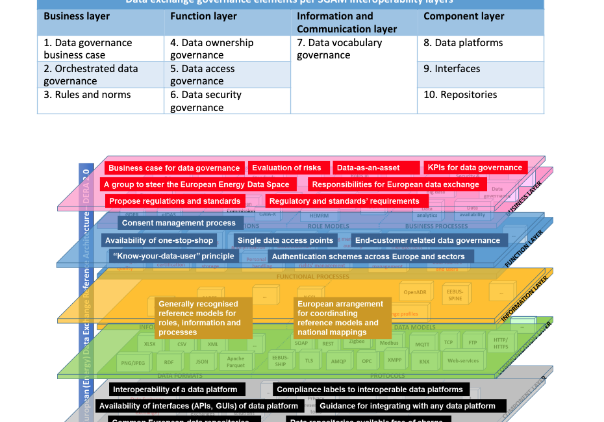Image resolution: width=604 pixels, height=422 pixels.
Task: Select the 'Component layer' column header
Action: pyautogui.click(x=464, y=16)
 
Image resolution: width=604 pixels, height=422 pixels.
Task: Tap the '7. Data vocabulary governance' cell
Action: pyautogui.click(x=340, y=49)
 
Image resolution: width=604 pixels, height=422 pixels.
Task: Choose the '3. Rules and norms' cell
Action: pyautogui.click(x=87, y=95)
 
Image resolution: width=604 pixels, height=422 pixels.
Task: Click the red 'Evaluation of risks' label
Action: pyautogui.click(x=286, y=168)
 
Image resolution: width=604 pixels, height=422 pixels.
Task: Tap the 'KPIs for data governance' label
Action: pyautogui.click(x=475, y=168)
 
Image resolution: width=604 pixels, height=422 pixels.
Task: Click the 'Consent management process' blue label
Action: pyautogui.click(x=179, y=223)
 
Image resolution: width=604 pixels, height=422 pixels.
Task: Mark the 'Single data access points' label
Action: pyautogui.click(x=286, y=240)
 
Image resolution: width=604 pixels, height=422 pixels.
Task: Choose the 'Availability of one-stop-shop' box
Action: pyautogui.click(x=159, y=240)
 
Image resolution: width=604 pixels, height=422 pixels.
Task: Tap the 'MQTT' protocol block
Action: pyautogui.click(x=422, y=345)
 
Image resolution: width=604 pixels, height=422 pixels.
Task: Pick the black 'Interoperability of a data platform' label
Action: pyautogui.click(x=176, y=390)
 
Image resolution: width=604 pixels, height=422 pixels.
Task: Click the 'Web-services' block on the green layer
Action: pyautogui.click(x=462, y=361)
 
